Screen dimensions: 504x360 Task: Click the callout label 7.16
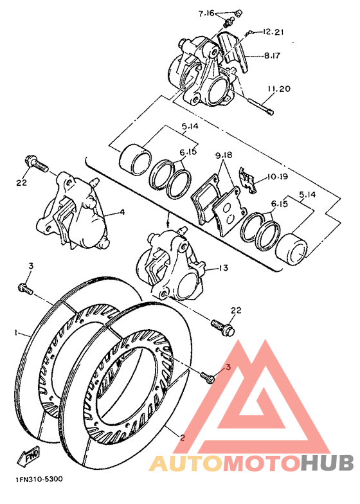(x=207, y=13)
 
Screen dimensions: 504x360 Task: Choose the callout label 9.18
(x=223, y=155)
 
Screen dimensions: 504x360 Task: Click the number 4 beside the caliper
(x=122, y=212)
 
